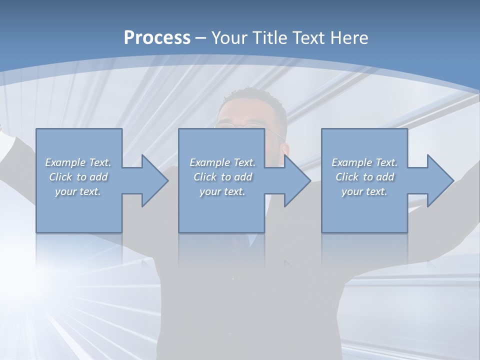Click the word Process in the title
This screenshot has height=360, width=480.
point(157,37)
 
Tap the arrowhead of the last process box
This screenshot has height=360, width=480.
point(439,180)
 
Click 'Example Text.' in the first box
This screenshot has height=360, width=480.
point(78,162)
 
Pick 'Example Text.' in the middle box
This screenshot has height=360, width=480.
point(222,162)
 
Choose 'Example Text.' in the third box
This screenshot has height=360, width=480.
point(364,162)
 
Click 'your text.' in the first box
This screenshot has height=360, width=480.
point(78,191)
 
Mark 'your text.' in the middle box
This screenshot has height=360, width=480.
point(222,191)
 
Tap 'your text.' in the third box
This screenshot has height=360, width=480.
point(364,191)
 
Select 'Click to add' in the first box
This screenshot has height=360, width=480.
point(78,177)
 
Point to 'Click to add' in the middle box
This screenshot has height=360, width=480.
point(222,177)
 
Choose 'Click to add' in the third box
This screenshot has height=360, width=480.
point(364,177)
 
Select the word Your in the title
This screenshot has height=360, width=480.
point(228,37)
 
